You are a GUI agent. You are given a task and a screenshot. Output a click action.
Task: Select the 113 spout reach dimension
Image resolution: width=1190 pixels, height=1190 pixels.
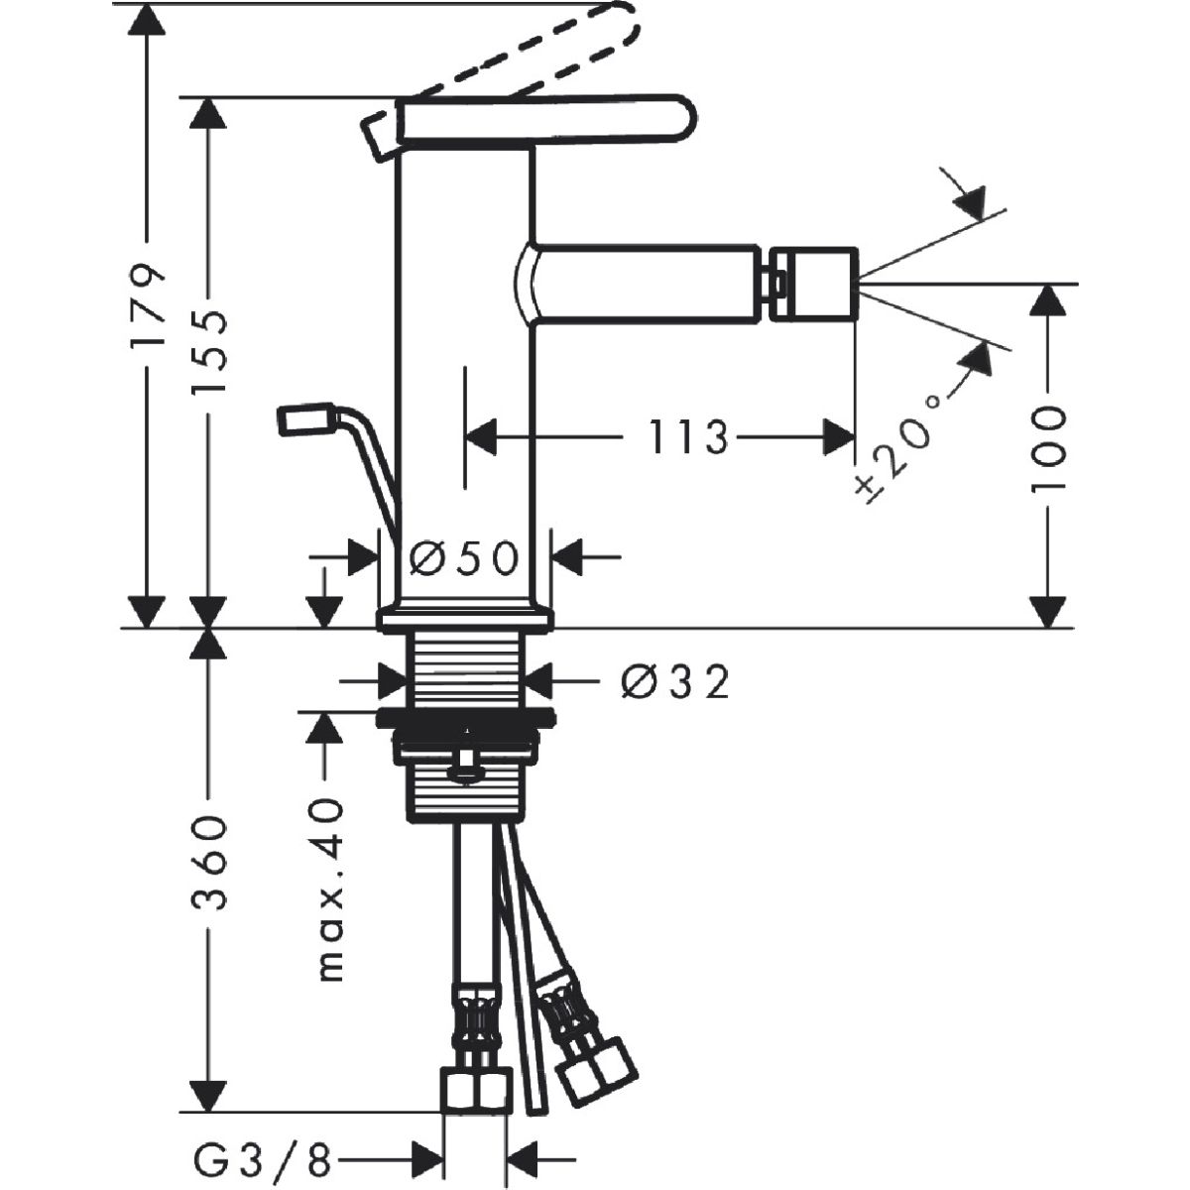[688, 436]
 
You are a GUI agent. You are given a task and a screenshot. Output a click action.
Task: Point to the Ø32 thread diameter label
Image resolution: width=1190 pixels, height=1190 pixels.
[675, 682]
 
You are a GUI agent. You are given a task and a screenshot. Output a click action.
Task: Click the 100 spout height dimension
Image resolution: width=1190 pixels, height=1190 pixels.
[1049, 448]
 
